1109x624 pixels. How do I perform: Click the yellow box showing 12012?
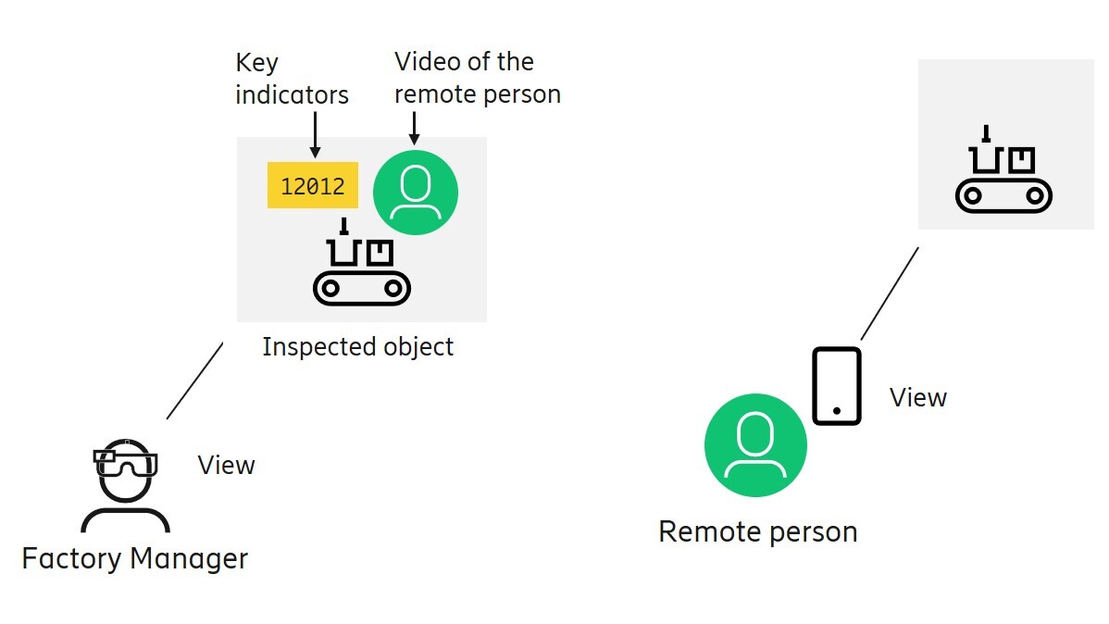[x=312, y=186]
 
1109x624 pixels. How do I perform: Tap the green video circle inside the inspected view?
[x=416, y=192]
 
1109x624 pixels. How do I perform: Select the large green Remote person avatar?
[x=755, y=445]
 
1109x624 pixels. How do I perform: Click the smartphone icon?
[x=837, y=386]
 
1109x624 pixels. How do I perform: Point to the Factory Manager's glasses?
[x=126, y=461]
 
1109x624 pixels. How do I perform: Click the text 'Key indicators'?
[x=292, y=79]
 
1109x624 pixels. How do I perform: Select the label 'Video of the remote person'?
[x=477, y=78]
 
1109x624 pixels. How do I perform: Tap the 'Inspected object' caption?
[x=358, y=347]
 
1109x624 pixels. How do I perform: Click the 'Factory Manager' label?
[x=135, y=559]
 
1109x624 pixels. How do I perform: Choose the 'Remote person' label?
[x=757, y=531]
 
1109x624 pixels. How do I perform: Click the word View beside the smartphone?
[x=918, y=398]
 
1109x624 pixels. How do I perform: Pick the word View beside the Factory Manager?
[x=226, y=465]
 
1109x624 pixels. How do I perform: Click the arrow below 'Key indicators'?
[x=315, y=134]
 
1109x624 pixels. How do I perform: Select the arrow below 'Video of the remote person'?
[x=414, y=127]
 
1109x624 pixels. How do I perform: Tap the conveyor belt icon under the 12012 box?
[x=361, y=269]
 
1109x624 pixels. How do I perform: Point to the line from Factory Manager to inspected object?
[x=195, y=381]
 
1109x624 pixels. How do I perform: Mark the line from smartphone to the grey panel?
[x=890, y=293]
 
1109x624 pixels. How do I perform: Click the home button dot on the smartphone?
[x=837, y=410]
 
